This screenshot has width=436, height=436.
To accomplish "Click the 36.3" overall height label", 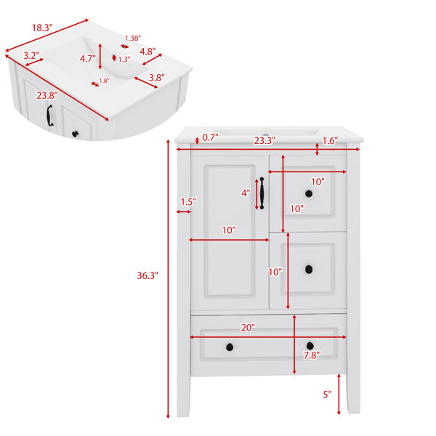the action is point(148,275).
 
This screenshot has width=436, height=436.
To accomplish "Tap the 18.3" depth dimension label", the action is point(42,28).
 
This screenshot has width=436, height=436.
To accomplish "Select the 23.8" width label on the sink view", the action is point(47,95).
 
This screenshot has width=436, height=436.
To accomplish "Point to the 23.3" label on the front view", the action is point(265,140).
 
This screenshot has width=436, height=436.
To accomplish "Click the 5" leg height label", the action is point(327,395).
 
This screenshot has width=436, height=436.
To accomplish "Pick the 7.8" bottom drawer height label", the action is point(312,355).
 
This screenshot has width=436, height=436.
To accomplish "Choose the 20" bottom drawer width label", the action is point(248,328).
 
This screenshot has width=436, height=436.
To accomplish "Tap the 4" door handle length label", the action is point(246,193).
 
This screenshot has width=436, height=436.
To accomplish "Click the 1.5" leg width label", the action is point(188,201).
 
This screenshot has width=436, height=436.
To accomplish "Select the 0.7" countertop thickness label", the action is point(210,137).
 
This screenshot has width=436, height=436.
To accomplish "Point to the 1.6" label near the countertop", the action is point(330,141).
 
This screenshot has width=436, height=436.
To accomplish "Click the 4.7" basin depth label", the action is point(88,59).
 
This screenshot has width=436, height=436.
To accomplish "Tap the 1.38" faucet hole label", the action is point(133,38).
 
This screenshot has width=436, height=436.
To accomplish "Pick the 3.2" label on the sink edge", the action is point(31,55).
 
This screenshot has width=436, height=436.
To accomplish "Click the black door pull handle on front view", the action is point(262,193).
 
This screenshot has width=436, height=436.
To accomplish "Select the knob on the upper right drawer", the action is point(309,194).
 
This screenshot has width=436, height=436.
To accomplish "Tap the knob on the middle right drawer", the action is point(309,269).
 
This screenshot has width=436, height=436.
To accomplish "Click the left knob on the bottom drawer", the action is point(230,347).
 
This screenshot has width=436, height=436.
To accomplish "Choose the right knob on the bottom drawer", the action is point(310,346).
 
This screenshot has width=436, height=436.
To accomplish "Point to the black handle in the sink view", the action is point(49,116).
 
